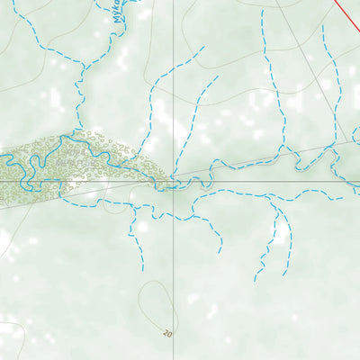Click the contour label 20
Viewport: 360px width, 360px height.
pyautogui.click(x=167, y=334)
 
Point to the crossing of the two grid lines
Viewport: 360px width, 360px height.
pyautogui.click(x=174, y=180)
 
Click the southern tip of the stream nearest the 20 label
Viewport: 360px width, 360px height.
pyautogui.click(x=142, y=269)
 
